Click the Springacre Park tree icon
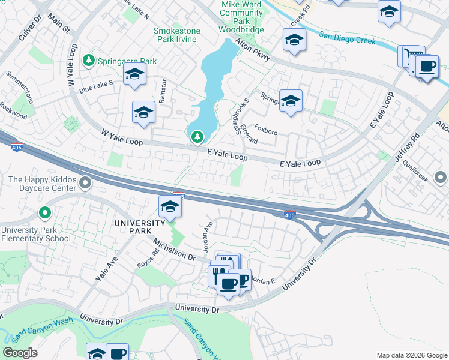point(89,61)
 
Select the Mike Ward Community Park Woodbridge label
point(241,16)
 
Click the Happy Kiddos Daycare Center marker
point(85,182)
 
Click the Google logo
point(20,353)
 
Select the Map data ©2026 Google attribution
point(412,355)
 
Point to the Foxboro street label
point(265,128)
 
